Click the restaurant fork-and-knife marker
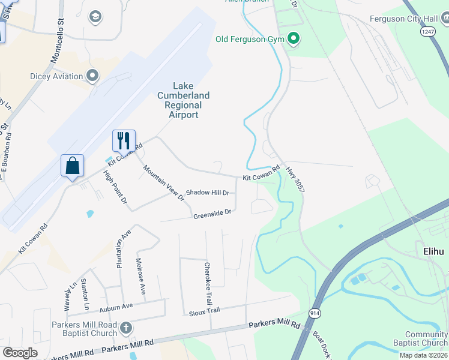pos(124,140)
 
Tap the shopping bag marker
pos(72,166)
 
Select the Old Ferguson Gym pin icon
pos(294,40)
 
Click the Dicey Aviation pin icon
pos(92,76)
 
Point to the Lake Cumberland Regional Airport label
pos(183,100)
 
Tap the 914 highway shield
pos(315,314)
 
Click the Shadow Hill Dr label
pos(207,193)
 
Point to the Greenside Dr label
pos(212,213)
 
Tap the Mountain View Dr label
pos(163,182)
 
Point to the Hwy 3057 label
pos(295,179)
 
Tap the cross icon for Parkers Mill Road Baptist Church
pos(125,328)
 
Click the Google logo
pos(20,353)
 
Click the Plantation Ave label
pos(122,252)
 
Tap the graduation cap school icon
pos(95,16)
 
